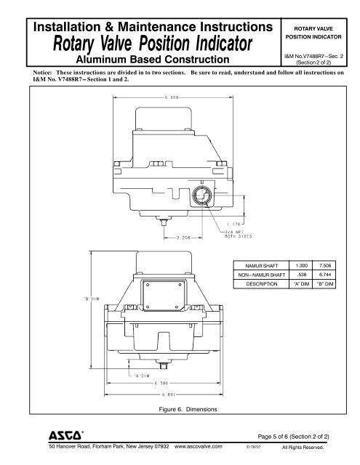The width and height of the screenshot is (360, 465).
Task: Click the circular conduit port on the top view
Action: tap(202, 195)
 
